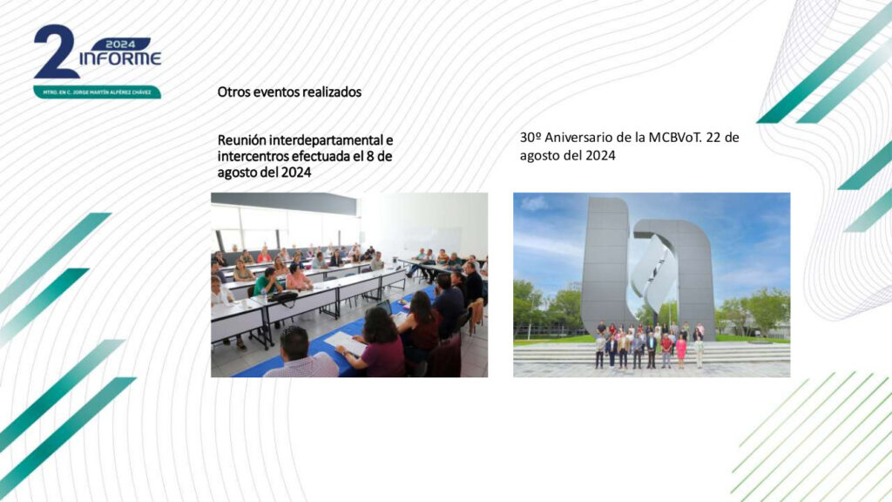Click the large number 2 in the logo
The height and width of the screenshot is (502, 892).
pyautogui.click(x=56, y=51)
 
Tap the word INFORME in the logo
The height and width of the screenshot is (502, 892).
pyautogui.click(x=120, y=58)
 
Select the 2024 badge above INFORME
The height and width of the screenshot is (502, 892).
pyautogui.click(x=120, y=44)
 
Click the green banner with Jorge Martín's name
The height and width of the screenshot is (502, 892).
pyautogui.click(x=98, y=92)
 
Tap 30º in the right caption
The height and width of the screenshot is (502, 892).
pyautogui.click(x=530, y=137)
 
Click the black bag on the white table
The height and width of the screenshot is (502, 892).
pyautogui.click(x=284, y=296)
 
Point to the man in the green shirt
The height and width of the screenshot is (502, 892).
pyautogui.click(x=267, y=282)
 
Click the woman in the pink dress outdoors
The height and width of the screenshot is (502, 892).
pyautogui.click(x=680, y=350)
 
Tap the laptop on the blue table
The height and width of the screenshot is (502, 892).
pyautogui.click(x=384, y=308)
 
